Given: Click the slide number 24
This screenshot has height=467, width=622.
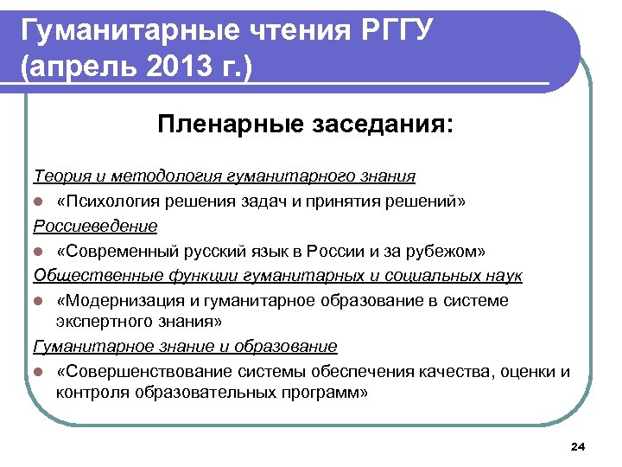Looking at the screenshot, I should tap(579, 446).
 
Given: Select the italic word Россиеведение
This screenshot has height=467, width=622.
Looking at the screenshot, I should tap(95, 226).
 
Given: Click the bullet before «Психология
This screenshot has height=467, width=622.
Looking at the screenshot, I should tap(39, 202).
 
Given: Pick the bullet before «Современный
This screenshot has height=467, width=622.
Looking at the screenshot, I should tap(39, 252).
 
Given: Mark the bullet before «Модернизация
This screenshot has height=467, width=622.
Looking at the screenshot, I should tap(39, 302).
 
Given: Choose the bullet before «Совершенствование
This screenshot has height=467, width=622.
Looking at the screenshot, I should tap(39, 373).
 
